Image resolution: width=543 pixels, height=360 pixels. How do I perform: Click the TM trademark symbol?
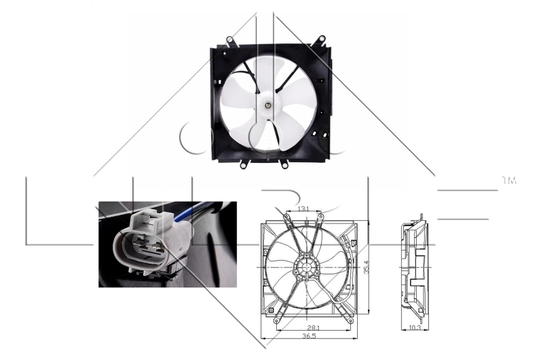tap(509, 181)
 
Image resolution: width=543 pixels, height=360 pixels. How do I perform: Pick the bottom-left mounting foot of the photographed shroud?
tap(242, 164)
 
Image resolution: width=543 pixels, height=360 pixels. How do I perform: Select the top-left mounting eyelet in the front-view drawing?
tap(286, 217)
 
